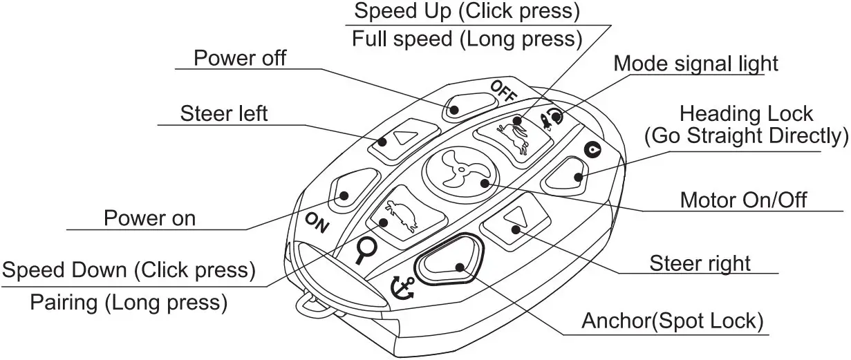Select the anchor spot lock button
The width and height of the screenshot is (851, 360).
[449, 262]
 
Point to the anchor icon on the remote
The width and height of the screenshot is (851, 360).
[401, 287]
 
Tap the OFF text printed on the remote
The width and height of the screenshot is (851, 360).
[503, 91]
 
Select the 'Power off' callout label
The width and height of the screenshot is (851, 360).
[240, 57]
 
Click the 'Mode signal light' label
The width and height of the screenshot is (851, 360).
[695, 64]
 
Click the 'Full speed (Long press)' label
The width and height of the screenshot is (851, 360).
[465, 38]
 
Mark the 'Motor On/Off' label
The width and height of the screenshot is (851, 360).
[743, 200]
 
